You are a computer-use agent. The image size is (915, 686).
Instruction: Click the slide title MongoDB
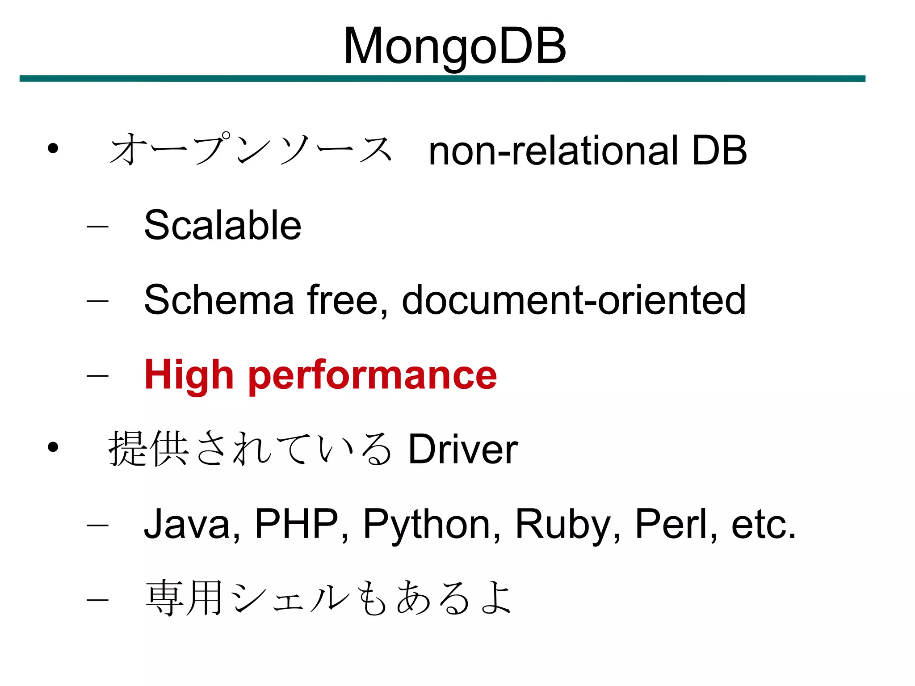[x=454, y=46]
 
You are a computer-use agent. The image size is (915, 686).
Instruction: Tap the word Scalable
[x=222, y=225]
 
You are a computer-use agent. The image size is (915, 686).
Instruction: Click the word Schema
[x=219, y=300]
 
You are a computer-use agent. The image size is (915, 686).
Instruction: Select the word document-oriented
[x=574, y=300]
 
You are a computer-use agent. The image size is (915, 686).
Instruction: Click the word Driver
[x=463, y=449]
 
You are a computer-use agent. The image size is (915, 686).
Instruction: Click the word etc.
[x=763, y=525]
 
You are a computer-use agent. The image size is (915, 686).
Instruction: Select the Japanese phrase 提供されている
[x=250, y=449]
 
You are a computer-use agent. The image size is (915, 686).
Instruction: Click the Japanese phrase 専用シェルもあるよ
[x=328, y=598]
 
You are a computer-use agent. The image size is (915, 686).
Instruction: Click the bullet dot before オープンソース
[x=53, y=148]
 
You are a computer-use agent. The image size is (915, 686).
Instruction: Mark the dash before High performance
[x=97, y=375]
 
